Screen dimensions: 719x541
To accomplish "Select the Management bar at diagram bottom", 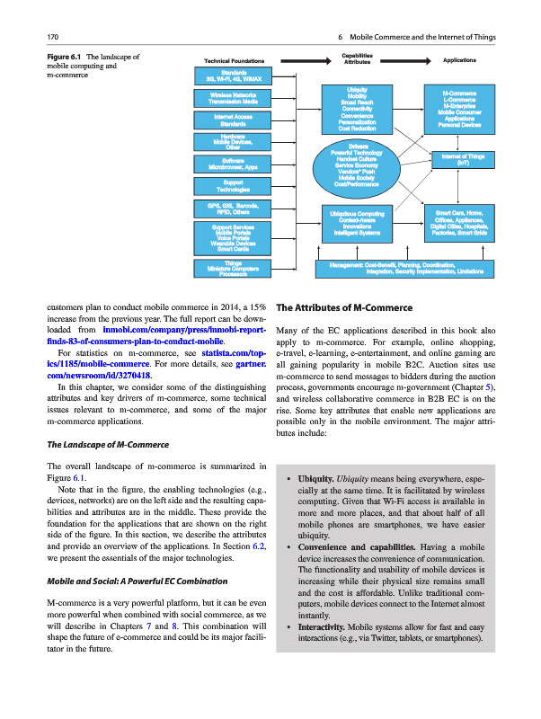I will tap(405, 268).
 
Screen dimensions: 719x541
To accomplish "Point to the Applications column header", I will tap(466, 60).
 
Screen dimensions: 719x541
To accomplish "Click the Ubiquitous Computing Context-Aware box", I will tap(358, 222).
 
